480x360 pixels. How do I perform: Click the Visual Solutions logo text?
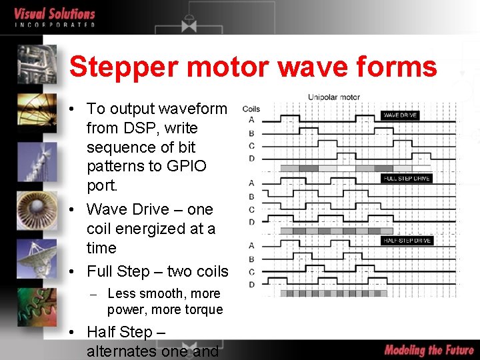click(x=55, y=14)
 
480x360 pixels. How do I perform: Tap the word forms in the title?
click(x=400, y=67)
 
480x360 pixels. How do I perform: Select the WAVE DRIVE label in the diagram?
click(x=400, y=115)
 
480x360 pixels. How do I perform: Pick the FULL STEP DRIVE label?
click(x=406, y=178)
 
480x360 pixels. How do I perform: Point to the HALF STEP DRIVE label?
click(x=407, y=240)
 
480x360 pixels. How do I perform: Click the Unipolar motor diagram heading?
click(x=333, y=97)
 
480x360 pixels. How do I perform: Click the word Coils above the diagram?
click(x=251, y=109)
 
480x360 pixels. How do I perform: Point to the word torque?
click(x=203, y=309)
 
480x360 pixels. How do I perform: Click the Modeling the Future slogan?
click(x=429, y=349)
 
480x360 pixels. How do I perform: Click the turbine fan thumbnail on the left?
click(x=37, y=207)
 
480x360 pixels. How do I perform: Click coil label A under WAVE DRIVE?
click(x=251, y=120)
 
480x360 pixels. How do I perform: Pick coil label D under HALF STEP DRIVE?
click(x=251, y=285)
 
